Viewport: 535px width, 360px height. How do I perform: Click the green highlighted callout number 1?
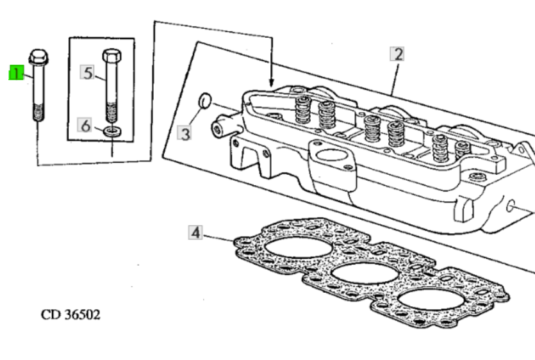tap(16, 73)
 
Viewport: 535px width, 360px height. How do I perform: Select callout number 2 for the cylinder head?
tap(397, 54)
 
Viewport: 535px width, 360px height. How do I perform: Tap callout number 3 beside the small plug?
tap(185, 133)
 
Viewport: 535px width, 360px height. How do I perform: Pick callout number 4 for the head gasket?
tap(195, 233)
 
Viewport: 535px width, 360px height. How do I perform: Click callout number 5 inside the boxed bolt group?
tap(88, 72)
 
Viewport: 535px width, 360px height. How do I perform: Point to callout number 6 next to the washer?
tap(85, 126)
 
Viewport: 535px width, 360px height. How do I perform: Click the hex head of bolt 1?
tap(38, 57)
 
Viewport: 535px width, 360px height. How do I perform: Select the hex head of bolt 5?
tap(112, 56)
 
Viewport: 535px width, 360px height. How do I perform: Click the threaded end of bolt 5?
tap(112, 113)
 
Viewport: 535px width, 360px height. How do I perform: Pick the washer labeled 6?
tap(112, 131)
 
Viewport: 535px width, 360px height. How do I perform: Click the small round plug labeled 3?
tap(205, 101)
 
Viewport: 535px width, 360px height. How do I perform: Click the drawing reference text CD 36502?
tap(70, 315)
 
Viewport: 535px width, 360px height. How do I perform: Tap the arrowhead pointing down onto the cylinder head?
tap(272, 82)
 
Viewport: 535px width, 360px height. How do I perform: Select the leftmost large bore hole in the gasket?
tap(299, 247)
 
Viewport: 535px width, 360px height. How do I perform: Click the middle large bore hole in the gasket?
tap(365, 274)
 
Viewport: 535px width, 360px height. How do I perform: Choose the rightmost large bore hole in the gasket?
tap(432, 300)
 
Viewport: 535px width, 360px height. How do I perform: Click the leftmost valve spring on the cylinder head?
tap(302, 110)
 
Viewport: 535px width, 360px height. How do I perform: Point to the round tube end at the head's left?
tap(217, 129)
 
